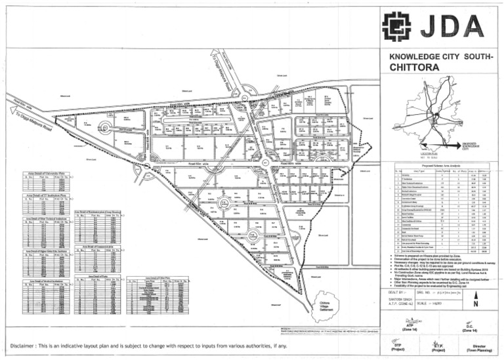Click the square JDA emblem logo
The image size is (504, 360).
pyautogui.click(x=398, y=28)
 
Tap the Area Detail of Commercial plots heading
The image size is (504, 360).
pyautogui.click(x=98, y=247)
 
